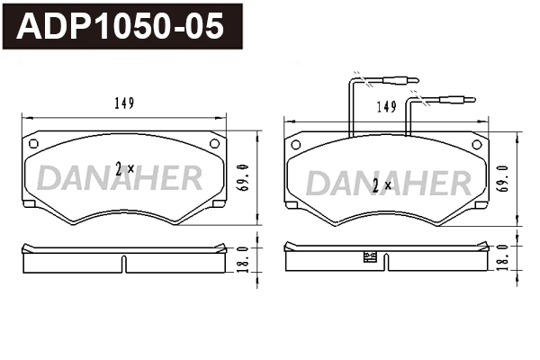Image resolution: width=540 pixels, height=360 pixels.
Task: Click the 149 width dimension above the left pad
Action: click(x=123, y=103)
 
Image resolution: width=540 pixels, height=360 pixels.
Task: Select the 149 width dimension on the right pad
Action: click(x=387, y=107)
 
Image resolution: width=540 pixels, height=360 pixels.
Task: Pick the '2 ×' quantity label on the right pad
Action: click(x=382, y=185)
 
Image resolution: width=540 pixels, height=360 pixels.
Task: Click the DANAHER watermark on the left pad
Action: click(x=120, y=179)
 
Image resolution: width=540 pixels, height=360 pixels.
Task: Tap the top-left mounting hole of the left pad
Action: click(x=33, y=143)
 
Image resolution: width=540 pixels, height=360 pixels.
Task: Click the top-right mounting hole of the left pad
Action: click(x=214, y=143)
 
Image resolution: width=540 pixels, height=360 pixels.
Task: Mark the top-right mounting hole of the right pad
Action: click(x=476, y=144)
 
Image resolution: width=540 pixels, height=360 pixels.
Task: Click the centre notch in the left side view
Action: click(x=123, y=262)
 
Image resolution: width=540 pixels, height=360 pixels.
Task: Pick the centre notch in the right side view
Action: click(x=385, y=262)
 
